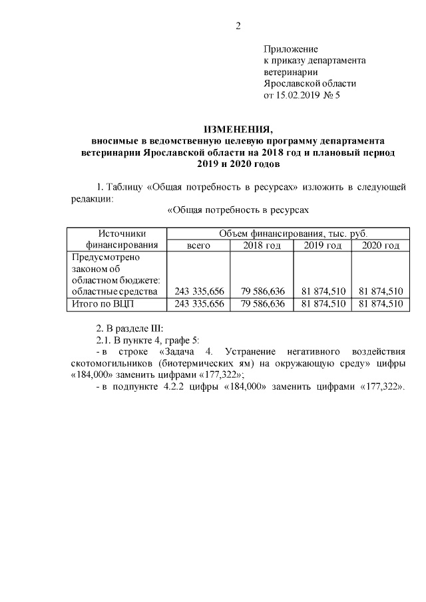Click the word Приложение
point(291,49)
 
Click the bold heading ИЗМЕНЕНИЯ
point(238,129)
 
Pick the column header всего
point(198,245)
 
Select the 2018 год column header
point(262,245)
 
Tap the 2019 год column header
point(322,245)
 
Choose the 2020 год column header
point(380,245)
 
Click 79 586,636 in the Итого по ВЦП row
point(262,304)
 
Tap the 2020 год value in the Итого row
point(380,304)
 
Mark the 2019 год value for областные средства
point(323,291)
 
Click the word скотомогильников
point(108,363)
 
